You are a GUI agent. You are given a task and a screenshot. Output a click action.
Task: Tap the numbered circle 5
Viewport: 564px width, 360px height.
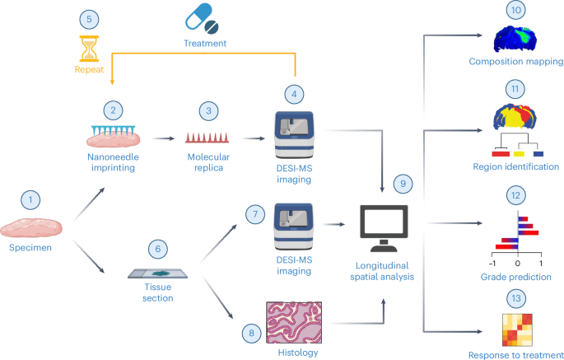coord(88,17)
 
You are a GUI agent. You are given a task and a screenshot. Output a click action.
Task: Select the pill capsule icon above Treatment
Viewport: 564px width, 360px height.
coord(205,17)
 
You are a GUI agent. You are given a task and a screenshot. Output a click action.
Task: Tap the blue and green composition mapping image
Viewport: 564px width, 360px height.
coord(516,39)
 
